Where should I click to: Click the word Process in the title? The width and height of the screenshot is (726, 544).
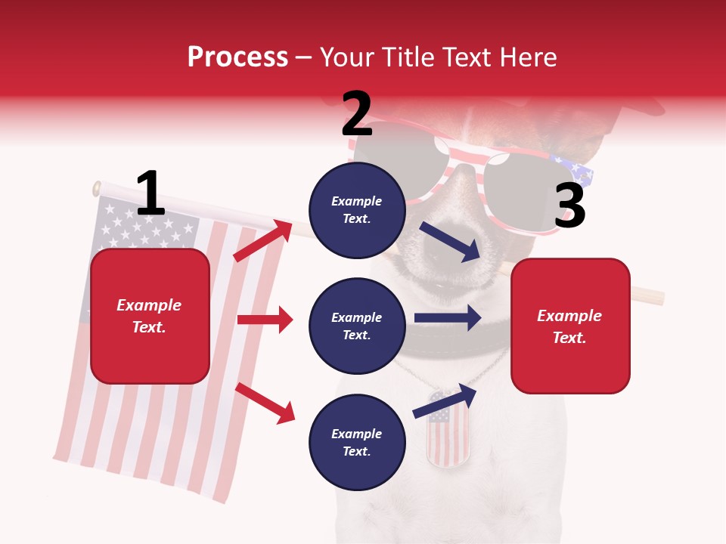tap(237, 57)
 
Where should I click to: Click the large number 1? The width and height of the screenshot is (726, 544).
tap(150, 194)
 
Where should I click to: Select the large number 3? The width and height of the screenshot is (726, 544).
tap(570, 206)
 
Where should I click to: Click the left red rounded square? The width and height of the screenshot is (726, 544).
tap(150, 316)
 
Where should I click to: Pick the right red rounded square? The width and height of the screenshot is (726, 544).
tap(570, 326)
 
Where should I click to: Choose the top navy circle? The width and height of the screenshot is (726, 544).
tap(356, 209)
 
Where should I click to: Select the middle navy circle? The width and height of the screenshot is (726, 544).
tap(356, 326)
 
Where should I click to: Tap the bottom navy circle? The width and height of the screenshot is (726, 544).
tap(356, 442)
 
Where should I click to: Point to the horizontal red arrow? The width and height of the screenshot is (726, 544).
tap(265, 320)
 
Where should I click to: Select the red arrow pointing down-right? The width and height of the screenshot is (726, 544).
tap(265, 403)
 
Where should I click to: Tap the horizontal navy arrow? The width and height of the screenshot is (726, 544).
tap(448, 318)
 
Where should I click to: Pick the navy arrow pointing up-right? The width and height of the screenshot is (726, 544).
tap(445, 401)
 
